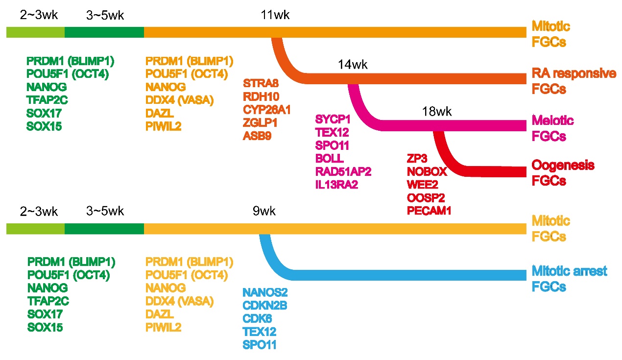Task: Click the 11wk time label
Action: pyautogui.click(x=275, y=15)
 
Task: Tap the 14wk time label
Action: pyautogui.click(x=352, y=65)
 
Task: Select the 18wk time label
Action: pyautogui.click(x=436, y=112)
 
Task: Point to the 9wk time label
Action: pyautogui.click(x=264, y=212)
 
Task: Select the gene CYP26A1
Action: pyautogui.click(x=267, y=110)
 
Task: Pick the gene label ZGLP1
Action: pyautogui.click(x=260, y=123)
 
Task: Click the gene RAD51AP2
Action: pyautogui.click(x=343, y=171)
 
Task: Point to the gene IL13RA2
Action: pyautogui.click(x=337, y=185)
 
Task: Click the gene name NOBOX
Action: pyautogui.click(x=427, y=171)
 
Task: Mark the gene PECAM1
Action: pyautogui.click(x=429, y=211)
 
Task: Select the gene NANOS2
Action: pyautogui.click(x=265, y=292)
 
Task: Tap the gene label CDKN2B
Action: pyautogui.click(x=264, y=306)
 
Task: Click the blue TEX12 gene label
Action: pyautogui.click(x=260, y=332)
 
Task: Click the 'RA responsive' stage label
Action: pyautogui.click(x=574, y=73)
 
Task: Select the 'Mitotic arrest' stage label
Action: pyautogui.click(x=570, y=270)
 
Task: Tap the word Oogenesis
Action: pyautogui.click(x=563, y=165)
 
